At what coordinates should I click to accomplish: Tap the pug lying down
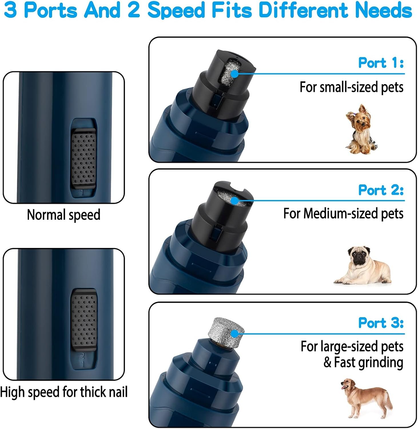click(363, 266)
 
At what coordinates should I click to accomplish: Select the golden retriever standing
click(366, 398)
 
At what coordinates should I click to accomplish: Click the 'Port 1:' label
click(381, 63)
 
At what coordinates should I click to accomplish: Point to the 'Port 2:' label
click(381, 190)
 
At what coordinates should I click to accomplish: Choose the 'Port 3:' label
click(381, 323)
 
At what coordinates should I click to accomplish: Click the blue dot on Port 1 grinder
click(234, 74)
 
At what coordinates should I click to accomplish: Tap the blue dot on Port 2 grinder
click(234, 201)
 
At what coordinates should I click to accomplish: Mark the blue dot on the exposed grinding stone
click(234, 334)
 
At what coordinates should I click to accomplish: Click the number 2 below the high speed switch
click(83, 356)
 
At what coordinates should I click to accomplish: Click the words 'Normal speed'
click(63, 214)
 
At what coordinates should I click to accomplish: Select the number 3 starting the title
click(11, 10)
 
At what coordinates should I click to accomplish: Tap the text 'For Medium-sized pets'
click(343, 214)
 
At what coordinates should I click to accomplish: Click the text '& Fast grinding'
click(363, 362)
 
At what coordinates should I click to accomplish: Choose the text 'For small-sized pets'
click(351, 87)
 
